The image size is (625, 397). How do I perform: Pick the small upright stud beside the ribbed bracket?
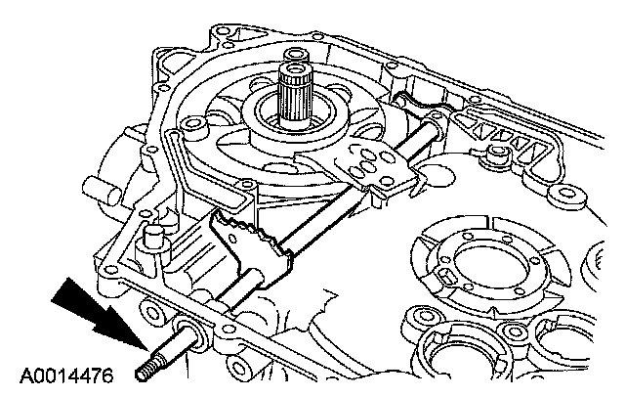498,156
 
